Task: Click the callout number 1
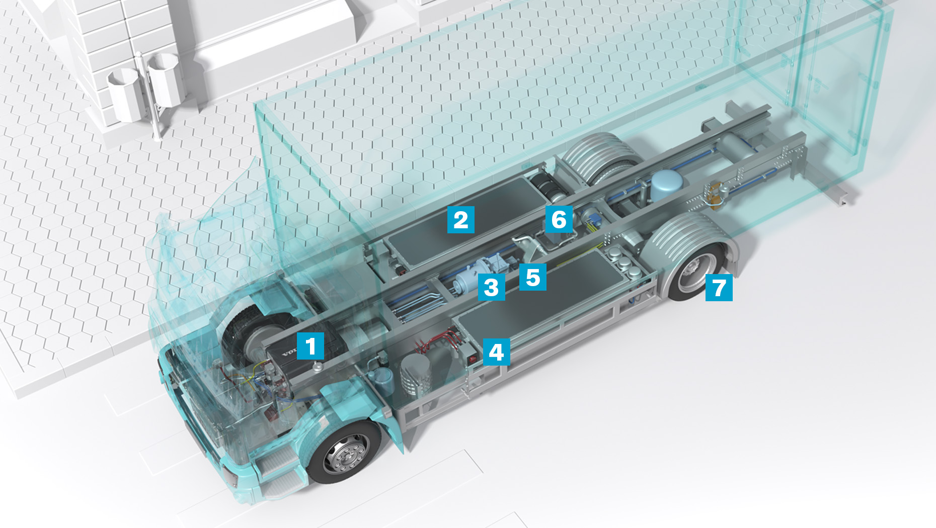(310, 346)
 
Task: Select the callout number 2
(460, 220)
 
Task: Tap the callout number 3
(491, 287)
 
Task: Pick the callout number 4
(496, 352)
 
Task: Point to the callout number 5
(532, 277)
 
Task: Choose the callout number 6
(559, 219)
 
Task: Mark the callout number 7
(719, 288)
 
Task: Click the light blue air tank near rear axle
(665, 184)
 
